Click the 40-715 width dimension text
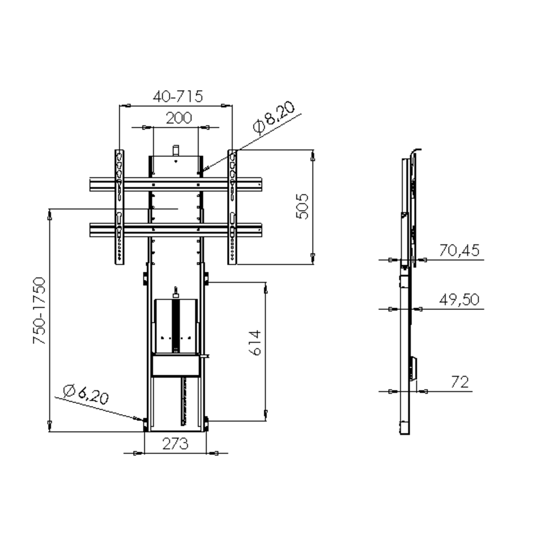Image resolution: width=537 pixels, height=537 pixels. point(178,96)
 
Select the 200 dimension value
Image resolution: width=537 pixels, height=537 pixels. point(179,118)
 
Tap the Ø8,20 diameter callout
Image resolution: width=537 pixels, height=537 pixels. point(274,117)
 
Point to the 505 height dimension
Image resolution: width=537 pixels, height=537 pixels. point(302,206)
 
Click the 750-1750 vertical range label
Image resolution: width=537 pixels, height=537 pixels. point(39,310)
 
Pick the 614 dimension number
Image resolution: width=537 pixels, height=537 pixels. point(255,343)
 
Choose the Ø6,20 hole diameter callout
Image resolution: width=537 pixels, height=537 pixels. point(86,395)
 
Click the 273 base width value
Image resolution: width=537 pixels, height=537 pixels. point(176,444)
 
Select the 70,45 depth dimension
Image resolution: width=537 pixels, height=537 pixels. point(459,250)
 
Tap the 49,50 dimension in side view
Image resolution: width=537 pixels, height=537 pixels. point(459,300)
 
